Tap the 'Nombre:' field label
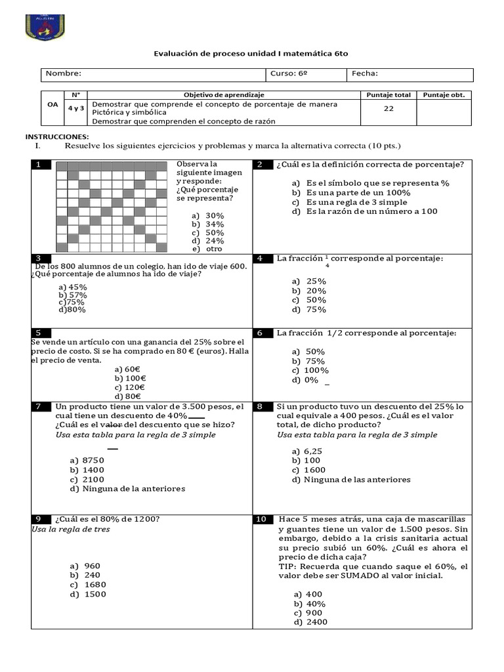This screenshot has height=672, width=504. pyautogui.click(x=64, y=73)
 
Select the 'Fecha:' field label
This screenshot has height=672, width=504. pyautogui.click(x=365, y=73)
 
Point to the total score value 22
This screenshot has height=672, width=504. pyautogui.click(x=388, y=108)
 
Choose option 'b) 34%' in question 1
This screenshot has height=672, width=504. pyautogui.click(x=208, y=224)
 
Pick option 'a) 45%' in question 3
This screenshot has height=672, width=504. pyautogui.click(x=73, y=287)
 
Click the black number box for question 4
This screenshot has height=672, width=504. pyautogui.click(x=261, y=259)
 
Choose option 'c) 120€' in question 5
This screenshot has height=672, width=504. pyautogui.click(x=130, y=387)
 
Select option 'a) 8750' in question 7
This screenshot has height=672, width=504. pyautogui.click(x=87, y=460)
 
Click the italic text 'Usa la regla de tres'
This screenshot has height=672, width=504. pyautogui.click(x=71, y=529)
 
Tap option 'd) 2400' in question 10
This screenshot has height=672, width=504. pyautogui.click(x=310, y=622)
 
